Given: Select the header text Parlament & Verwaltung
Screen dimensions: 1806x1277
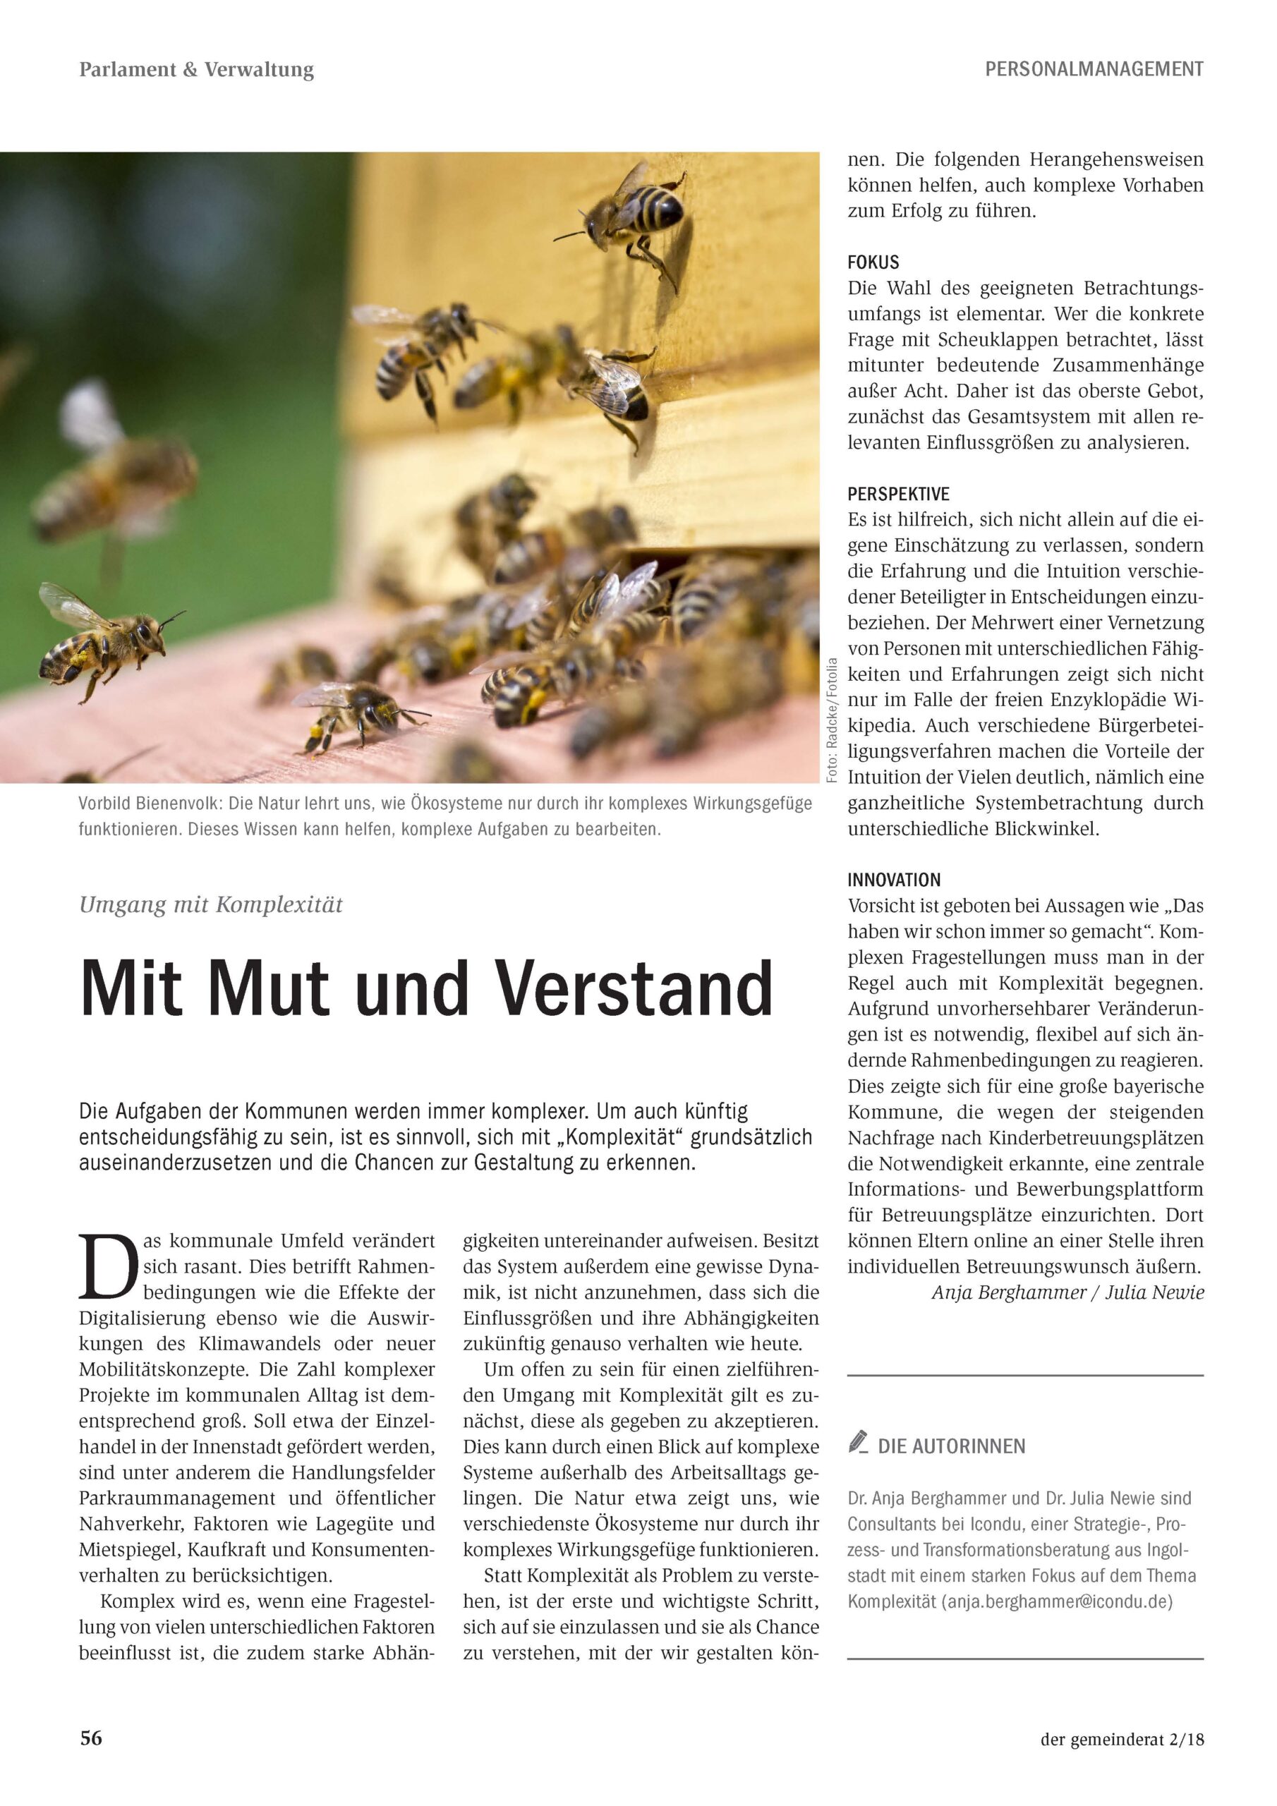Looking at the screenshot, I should [x=197, y=70].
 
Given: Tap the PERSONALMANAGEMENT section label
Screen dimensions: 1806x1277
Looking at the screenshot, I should [x=1094, y=70].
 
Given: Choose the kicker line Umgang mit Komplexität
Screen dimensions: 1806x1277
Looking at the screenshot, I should [x=211, y=904].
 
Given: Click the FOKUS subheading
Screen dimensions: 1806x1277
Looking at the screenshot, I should [x=873, y=262].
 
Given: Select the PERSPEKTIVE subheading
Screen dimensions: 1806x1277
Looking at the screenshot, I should [x=897, y=494].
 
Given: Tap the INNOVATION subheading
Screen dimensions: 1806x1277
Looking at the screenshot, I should [x=894, y=880].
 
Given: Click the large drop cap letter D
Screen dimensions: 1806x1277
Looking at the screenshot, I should [x=108, y=1267].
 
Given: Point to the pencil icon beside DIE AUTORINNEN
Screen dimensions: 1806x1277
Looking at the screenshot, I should [x=858, y=1442].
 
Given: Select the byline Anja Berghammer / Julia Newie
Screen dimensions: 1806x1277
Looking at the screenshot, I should [x=1067, y=1292].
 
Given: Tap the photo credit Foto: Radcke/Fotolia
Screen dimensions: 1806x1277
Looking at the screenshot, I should [x=833, y=718].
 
